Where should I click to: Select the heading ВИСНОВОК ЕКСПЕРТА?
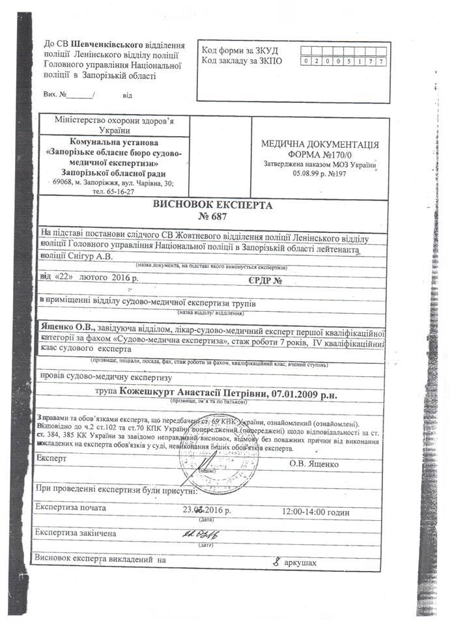[210, 204]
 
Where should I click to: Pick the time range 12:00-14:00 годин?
[316, 512]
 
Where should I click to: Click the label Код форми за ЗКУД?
[240, 51]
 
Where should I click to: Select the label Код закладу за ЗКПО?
[242, 61]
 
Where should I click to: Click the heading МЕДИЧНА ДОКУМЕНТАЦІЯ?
[320, 144]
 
